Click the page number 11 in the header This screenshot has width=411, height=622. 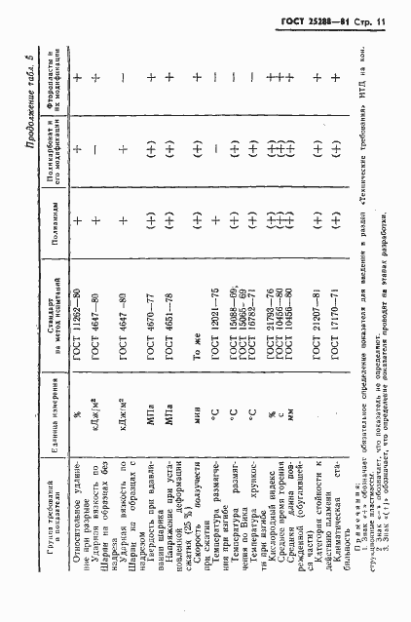(x=395, y=20)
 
